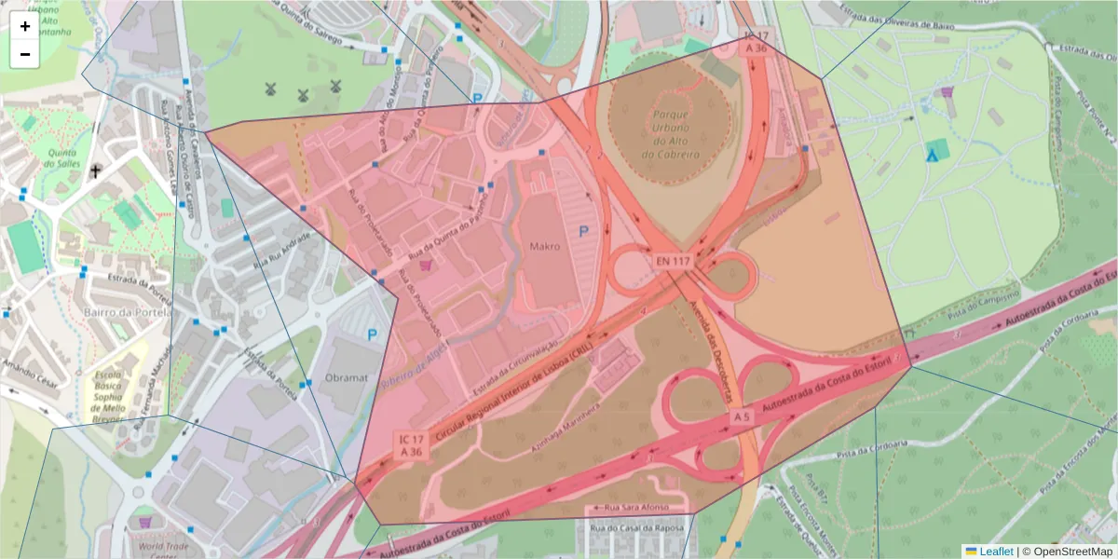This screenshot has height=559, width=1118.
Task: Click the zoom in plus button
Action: click(25, 26)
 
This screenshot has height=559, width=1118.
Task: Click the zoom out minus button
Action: click(25, 54)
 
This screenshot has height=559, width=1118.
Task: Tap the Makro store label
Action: click(545, 248)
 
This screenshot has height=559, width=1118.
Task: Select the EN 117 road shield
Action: click(672, 262)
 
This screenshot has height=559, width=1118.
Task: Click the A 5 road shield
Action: click(741, 416)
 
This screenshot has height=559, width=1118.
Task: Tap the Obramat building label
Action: click(348, 378)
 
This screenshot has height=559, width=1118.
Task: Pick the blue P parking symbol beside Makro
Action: click(584, 231)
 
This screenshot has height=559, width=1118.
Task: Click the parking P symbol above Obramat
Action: click(373, 334)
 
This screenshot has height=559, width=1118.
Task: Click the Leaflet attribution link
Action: click(996, 552)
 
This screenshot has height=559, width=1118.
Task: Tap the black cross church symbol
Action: click(95, 171)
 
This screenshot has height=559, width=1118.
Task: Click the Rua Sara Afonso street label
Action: click(634, 509)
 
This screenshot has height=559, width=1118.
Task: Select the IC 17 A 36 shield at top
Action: click(756, 41)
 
